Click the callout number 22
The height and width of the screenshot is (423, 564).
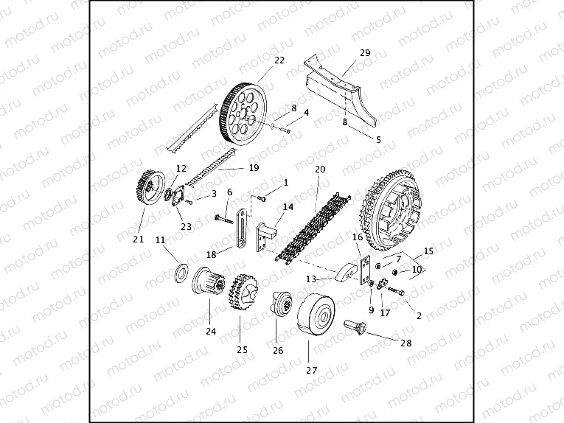(x=279, y=60)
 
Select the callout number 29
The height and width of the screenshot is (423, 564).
(x=365, y=52)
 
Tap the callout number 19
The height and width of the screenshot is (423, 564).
(x=254, y=168)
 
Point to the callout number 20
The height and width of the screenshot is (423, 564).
(x=319, y=169)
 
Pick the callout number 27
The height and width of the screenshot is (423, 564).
(x=311, y=370)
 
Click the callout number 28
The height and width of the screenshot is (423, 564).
(x=406, y=343)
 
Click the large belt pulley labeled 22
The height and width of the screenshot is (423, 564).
(x=243, y=114)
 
